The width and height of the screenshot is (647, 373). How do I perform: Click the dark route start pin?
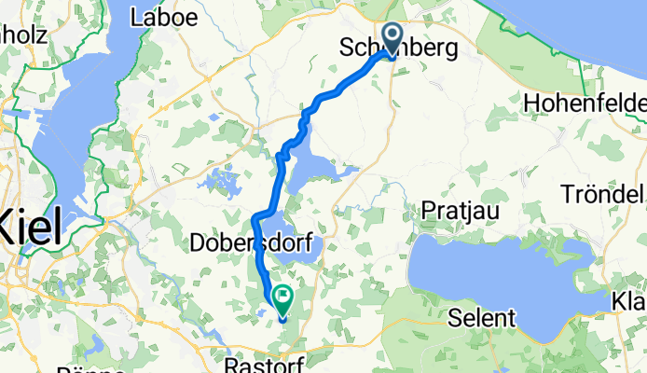(392, 37)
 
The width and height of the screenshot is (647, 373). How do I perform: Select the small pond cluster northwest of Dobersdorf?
(220, 182)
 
